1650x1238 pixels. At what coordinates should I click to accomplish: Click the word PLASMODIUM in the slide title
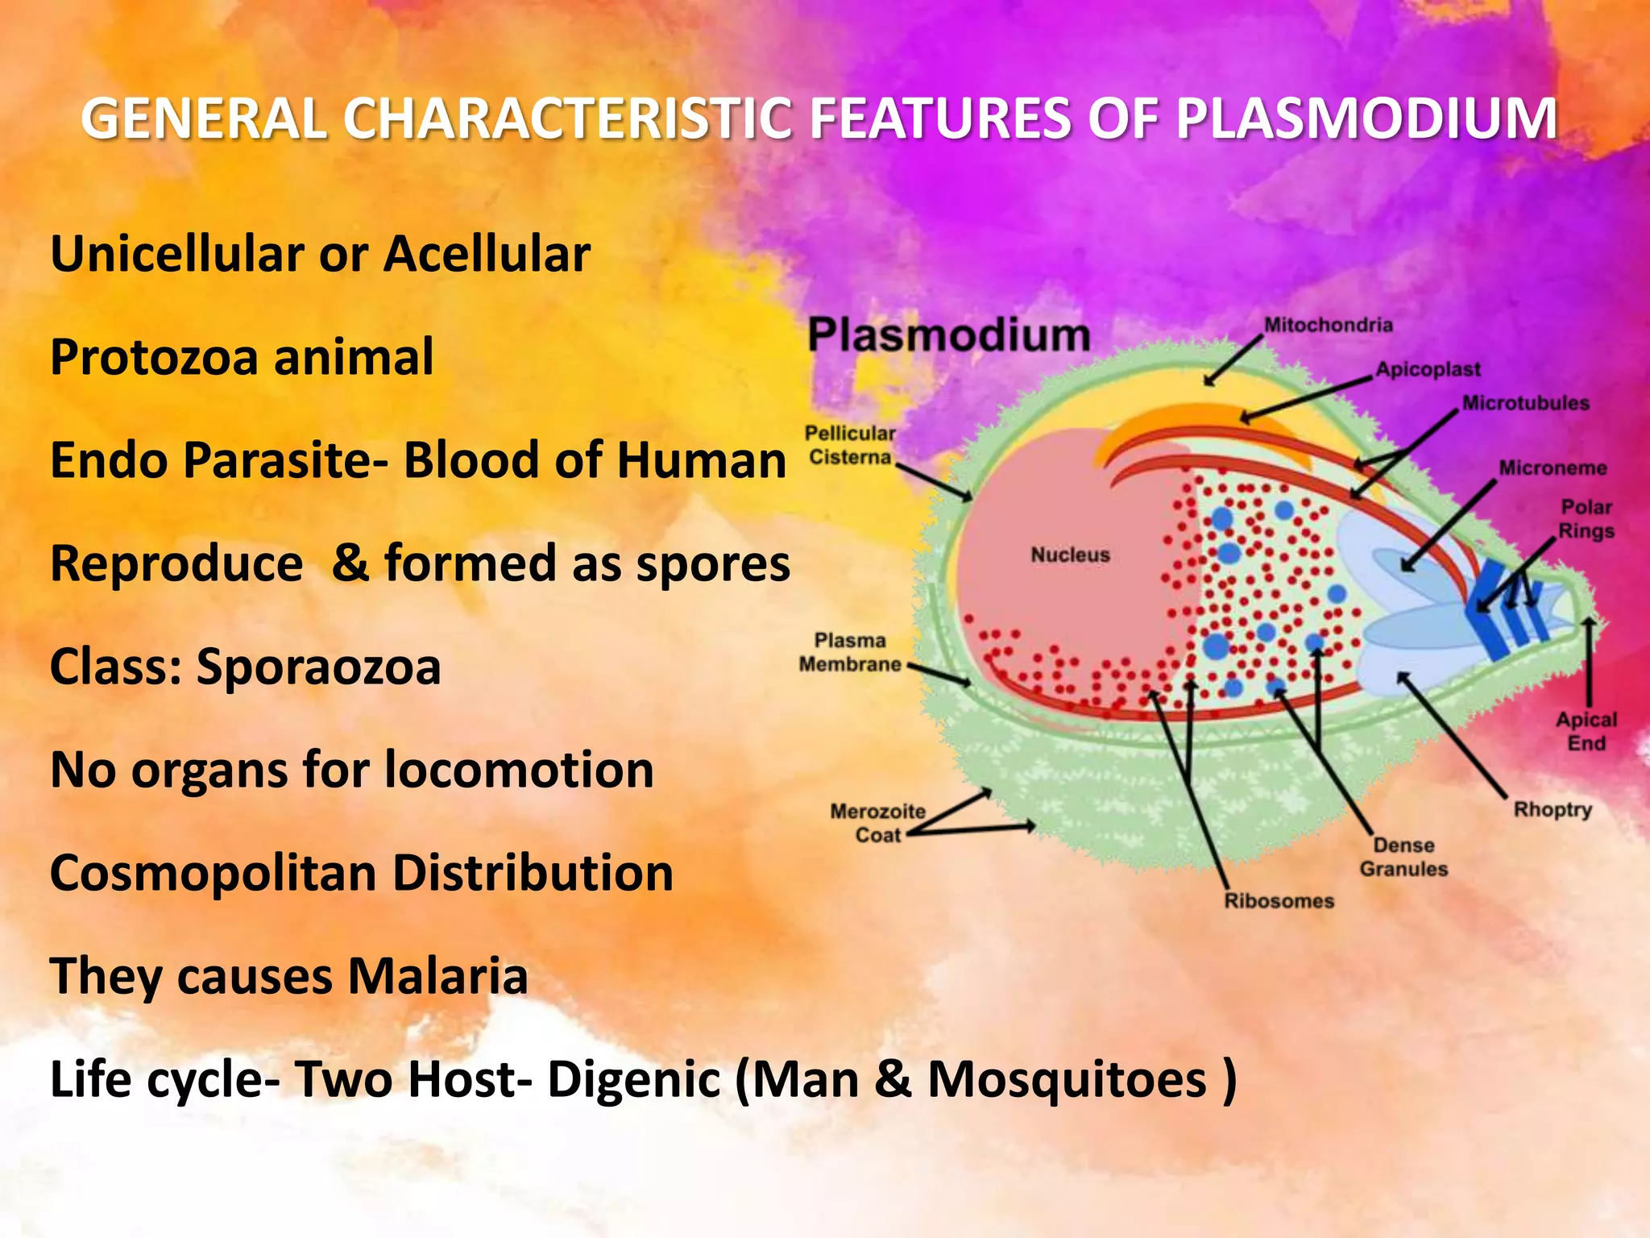click(x=1366, y=119)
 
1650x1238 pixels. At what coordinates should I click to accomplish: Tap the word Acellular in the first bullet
click(x=487, y=255)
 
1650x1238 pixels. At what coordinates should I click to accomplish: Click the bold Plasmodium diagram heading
click(x=949, y=334)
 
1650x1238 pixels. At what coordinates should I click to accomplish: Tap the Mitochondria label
click(x=1328, y=325)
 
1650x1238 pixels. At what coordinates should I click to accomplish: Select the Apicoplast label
click(x=1428, y=369)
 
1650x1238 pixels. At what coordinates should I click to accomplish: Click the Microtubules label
click(x=1525, y=403)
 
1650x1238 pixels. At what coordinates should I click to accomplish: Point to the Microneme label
click(x=1553, y=468)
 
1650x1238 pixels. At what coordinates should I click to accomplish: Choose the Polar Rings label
click(x=1586, y=519)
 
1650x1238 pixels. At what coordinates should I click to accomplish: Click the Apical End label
click(x=1586, y=731)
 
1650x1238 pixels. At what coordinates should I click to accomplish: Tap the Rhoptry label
click(x=1553, y=809)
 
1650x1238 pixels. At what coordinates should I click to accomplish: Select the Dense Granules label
click(x=1403, y=857)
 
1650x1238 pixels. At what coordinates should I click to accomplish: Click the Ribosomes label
click(x=1279, y=901)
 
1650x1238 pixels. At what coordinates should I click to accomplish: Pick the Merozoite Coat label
click(x=877, y=823)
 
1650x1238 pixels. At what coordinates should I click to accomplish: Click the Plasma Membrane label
click(x=850, y=652)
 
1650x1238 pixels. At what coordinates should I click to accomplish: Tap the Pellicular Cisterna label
click(x=850, y=445)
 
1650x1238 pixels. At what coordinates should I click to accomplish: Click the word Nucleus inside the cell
click(x=1070, y=555)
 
